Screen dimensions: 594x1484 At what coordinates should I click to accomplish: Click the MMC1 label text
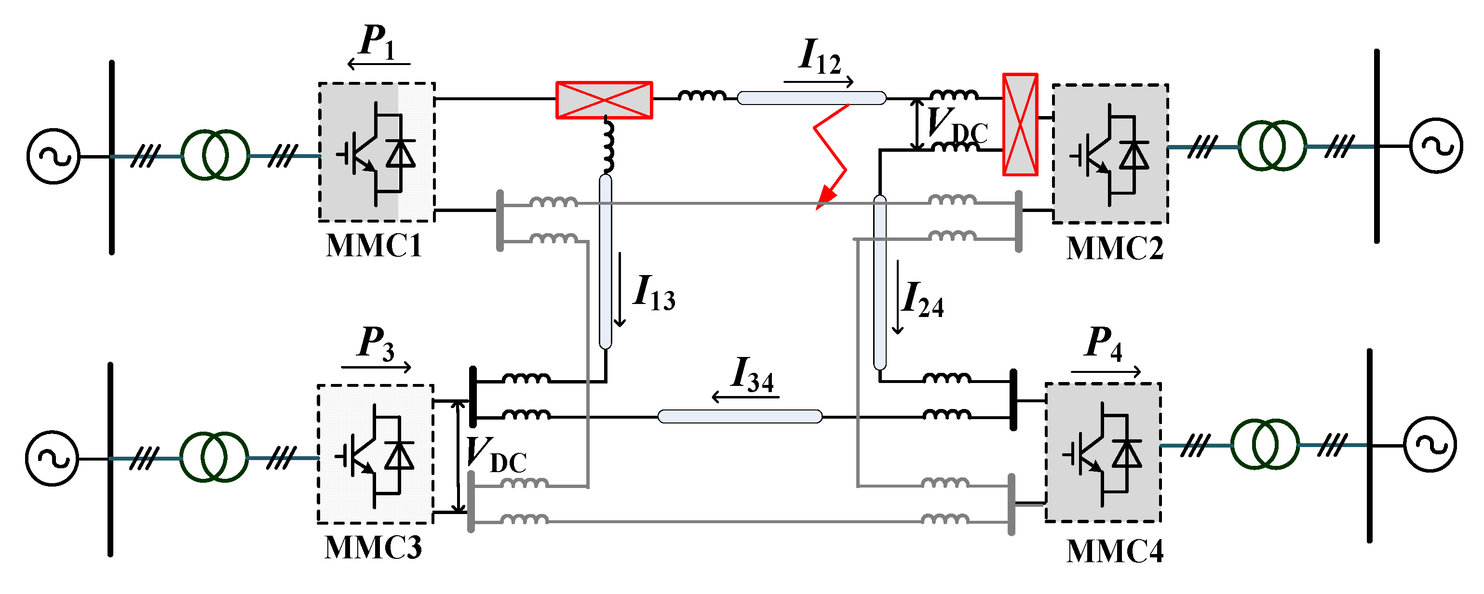tap(374, 246)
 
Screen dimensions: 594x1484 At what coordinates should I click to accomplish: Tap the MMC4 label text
tap(1114, 552)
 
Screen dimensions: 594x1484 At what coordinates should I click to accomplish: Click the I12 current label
tap(819, 56)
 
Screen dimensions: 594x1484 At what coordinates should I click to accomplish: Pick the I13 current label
tap(653, 293)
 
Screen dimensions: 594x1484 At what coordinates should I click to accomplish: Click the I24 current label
tap(922, 301)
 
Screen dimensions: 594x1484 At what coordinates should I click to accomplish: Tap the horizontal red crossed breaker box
tap(604, 100)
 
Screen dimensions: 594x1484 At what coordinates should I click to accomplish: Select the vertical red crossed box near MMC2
tap(1020, 124)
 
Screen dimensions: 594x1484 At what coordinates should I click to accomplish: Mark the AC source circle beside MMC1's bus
tap(53, 156)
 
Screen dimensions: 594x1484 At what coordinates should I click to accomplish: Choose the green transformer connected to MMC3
tap(214, 457)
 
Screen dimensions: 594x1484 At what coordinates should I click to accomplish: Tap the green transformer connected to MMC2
tap(1272, 145)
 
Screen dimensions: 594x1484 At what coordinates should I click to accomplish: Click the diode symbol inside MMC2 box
tap(1134, 155)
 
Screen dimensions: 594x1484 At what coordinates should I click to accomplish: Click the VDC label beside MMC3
tap(496, 455)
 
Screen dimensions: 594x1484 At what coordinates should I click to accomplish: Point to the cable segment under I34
tap(740, 416)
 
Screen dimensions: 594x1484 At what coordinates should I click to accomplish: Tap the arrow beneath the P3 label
tap(376, 367)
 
